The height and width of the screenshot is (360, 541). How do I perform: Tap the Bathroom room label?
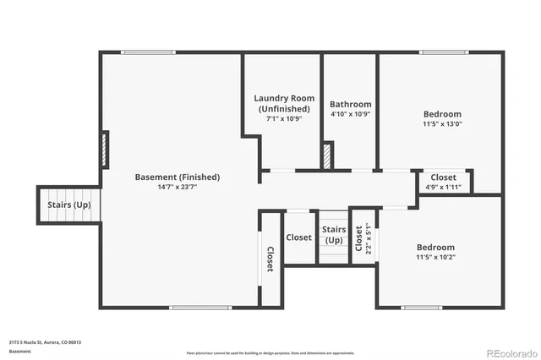click(350, 104)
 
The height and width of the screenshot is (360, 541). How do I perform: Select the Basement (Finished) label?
click(178, 177)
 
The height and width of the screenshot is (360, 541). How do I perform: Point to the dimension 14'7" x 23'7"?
click(178, 188)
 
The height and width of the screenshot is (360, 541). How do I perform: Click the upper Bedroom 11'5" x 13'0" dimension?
click(442, 125)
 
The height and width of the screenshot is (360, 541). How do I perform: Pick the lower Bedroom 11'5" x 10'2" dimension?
click(435, 258)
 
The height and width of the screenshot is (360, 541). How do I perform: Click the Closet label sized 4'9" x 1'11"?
click(444, 187)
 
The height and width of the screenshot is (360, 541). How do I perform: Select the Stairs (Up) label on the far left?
click(68, 205)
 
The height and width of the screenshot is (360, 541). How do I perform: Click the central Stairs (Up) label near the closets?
click(334, 234)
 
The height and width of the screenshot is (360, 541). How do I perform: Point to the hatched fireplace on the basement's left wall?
click(104, 149)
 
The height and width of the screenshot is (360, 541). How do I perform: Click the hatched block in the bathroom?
click(327, 155)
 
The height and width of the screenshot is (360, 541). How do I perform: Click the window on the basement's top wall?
click(149, 52)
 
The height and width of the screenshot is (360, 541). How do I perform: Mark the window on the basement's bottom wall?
click(195, 307)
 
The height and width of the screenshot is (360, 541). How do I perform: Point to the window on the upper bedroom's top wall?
click(444, 52)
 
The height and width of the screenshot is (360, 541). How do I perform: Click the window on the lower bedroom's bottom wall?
click(421, 307)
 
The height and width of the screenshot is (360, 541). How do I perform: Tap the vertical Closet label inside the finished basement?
click(270, 259)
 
